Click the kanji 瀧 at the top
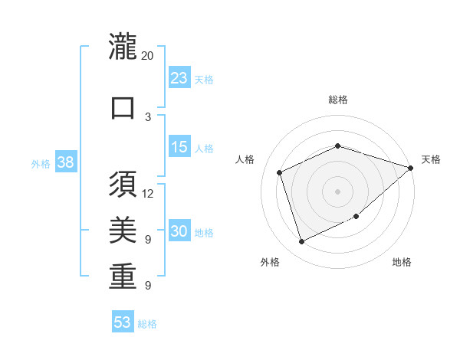(x=123, y=47)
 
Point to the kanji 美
(x=123, y=231)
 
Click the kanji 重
(x=123, y=277)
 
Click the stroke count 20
(x=148, y=56)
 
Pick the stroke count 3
(x=148, y=116)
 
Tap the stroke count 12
(x=148, y=194)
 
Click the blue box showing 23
(x=179, y=78)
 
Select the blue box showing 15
(x=179, y=147)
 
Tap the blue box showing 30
(x=179, y=232)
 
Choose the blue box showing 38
(x=65, y=163)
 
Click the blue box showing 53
(x=123, y=322)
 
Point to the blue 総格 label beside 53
(x=148, y=324)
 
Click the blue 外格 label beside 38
(x=41, y=164)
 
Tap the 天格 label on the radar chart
(x=431, y=159)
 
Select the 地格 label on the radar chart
(x=402, y=262)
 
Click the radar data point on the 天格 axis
(x=411, y=168)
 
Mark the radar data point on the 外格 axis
(x=301, y=241)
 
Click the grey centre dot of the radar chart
(x=337, y=191)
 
